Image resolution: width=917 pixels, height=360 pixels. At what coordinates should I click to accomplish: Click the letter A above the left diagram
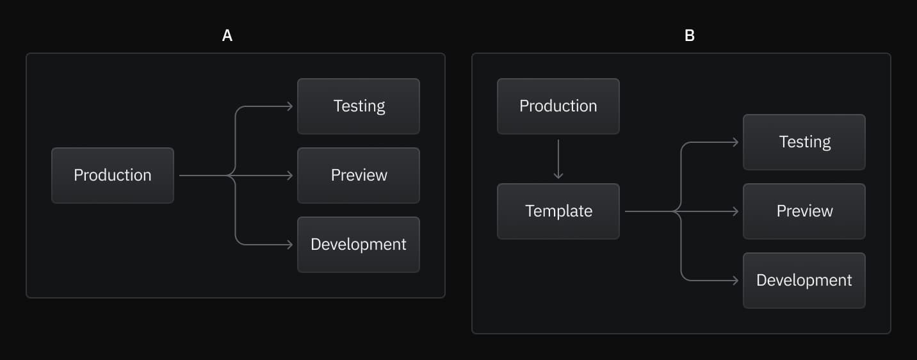click(x=227, y=36)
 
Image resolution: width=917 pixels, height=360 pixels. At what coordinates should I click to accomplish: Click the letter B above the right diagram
click(x=689, y=36)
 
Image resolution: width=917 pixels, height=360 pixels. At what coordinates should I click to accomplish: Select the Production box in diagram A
click(x=113, y=176)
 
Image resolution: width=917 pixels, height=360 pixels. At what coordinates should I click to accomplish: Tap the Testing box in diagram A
click(x=359, y=106)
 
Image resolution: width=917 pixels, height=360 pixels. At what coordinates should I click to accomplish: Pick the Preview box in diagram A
click(x=359, y=176)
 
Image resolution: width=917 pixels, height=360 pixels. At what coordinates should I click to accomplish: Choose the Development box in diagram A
click(x=359, y=245)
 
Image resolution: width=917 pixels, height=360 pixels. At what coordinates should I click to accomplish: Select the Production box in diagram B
click(x=558, y=106)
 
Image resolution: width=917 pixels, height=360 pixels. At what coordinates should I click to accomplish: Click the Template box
click(x=558, y=211)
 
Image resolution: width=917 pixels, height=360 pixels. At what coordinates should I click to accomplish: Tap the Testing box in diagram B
click(x=804, y=142)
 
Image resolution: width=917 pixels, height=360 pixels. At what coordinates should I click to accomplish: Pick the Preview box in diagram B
click(x=804, y=211)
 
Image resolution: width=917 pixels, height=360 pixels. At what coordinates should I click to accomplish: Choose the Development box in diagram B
click(x=804, y=281)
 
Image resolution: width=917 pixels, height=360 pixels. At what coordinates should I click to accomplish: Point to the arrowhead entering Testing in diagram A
click(x=290, y=106)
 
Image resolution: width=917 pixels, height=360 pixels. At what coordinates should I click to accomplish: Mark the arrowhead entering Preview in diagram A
click(x=290, y=176)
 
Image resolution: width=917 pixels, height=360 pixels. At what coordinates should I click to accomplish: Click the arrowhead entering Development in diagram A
click(x=290, y=245)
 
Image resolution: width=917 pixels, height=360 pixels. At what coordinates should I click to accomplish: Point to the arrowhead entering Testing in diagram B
click(x=736, y=142)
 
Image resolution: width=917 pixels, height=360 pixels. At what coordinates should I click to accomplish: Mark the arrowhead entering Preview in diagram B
click(x=736, y=211)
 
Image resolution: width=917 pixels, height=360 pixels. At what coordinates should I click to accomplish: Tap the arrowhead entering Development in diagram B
click(x=736, y=281)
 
